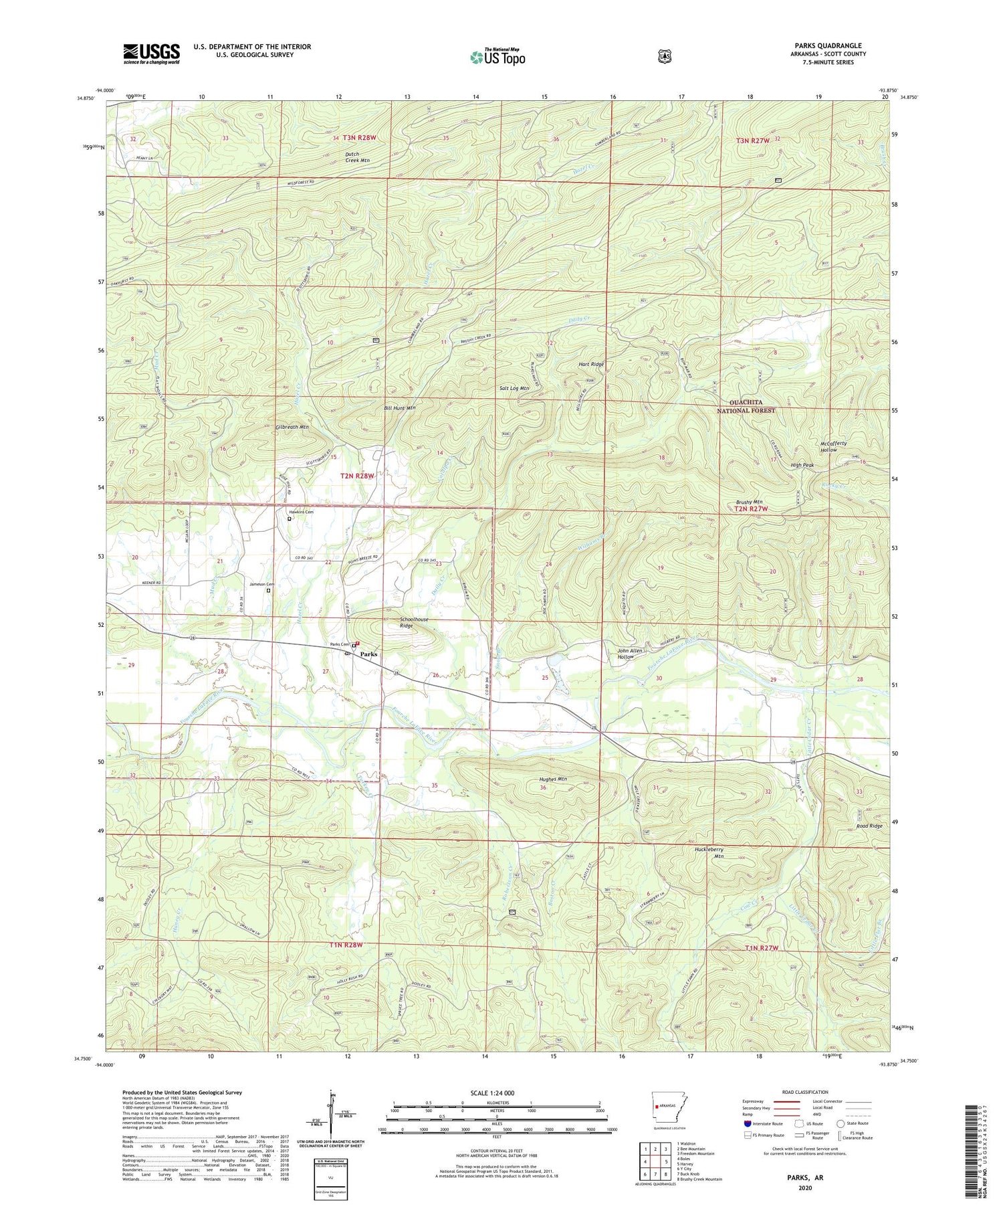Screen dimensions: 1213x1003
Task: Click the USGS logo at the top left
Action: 151,54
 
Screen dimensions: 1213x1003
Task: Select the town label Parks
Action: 368,654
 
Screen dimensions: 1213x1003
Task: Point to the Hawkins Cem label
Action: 301,512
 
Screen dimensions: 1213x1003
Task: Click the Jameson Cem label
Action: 262,584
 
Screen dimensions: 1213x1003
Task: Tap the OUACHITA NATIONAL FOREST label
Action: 746,406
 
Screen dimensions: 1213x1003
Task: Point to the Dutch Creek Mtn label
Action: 357,157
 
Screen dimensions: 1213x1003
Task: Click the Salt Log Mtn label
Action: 514,388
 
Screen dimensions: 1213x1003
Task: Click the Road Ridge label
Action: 869,826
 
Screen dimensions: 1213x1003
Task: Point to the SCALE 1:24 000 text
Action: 496,1093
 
